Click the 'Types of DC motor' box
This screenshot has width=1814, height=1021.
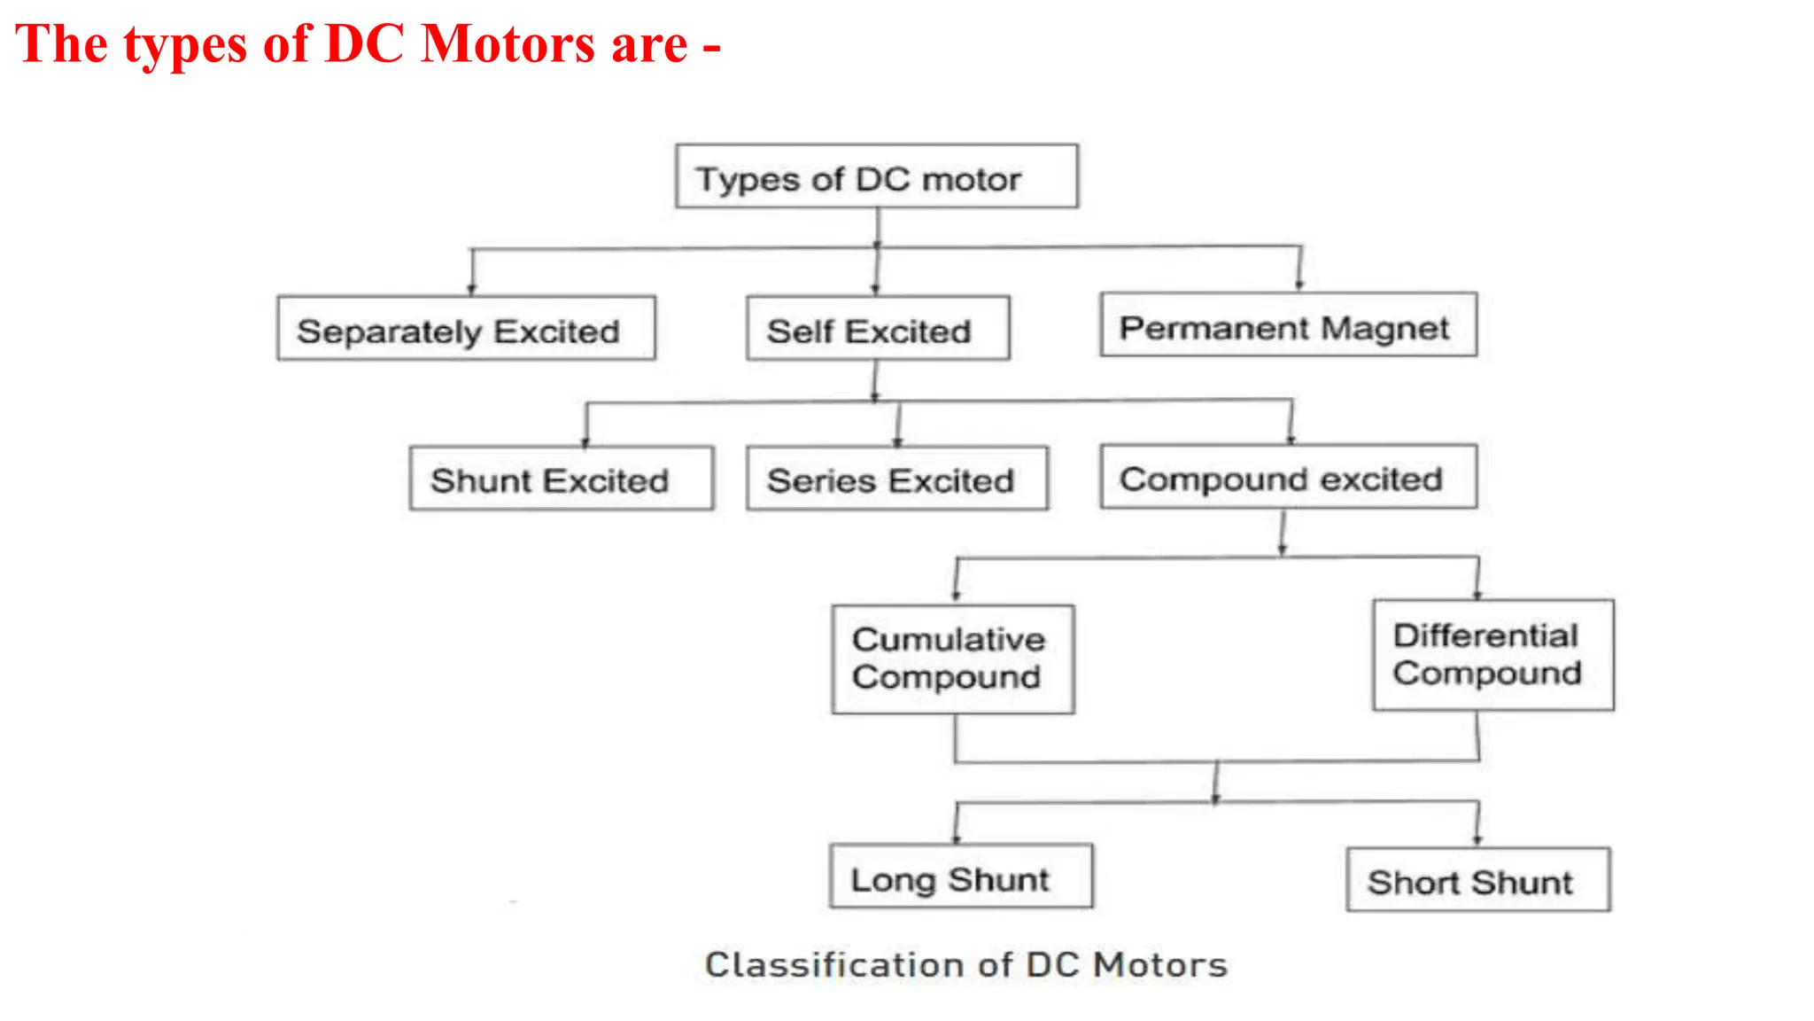point(877,176)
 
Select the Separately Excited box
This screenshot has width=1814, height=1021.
point(467,329)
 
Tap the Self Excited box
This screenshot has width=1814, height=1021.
point(878,329)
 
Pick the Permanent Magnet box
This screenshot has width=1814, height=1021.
point(1289,325)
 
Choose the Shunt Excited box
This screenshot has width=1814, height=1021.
point(562,479)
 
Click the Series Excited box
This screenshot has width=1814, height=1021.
point(897,479)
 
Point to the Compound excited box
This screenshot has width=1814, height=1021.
point(1289,477)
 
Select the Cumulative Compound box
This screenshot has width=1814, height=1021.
point(953,659)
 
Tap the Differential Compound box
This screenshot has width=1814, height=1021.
point(1493,655)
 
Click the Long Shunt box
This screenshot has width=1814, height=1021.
point(961,877)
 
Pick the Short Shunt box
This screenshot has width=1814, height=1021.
point(1478,880)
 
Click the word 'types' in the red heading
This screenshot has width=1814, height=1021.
point(184,45)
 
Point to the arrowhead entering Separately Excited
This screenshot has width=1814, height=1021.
point(472,289)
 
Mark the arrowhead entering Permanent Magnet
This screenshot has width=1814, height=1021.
point(1299,284)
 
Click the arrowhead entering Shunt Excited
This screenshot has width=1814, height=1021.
point(585,440)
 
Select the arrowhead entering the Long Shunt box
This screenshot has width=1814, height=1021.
point(957,838)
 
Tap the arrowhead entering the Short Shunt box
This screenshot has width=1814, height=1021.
point(1477,840)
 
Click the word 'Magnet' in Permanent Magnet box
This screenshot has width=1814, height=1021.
point(1384,328)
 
